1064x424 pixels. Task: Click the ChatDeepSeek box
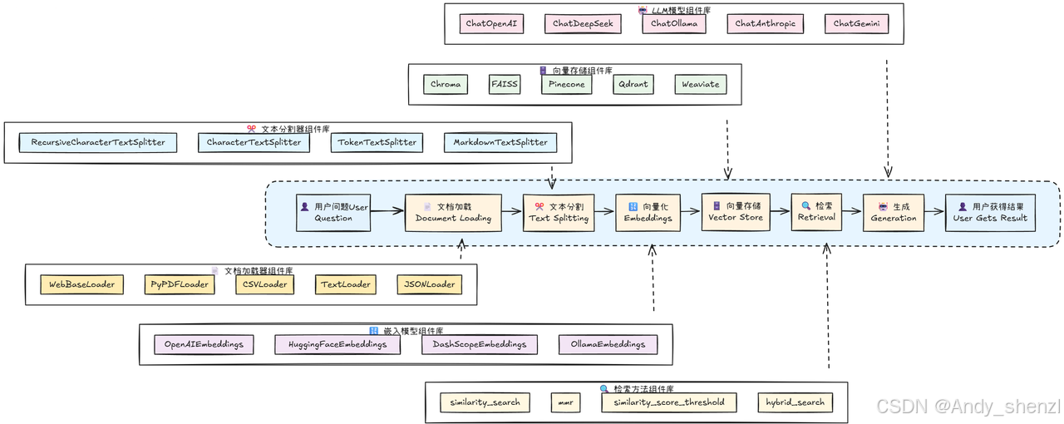click(x=583, y=24)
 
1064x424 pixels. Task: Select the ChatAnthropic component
click(x=766, y=24)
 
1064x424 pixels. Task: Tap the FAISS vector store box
click(x=505, y=84)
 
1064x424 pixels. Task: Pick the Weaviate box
click(x=701, y=84)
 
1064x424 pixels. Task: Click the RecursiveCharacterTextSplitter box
click(x=98, y=143)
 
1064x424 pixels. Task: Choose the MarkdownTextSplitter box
click(x=500, y=143)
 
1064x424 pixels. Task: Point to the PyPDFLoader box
click(x=180, y=284)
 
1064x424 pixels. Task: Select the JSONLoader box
click(x=430, y=284)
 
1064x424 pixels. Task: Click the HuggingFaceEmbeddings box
click(x=337, y=345)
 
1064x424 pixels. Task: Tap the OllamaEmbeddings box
click(x=608, y=345)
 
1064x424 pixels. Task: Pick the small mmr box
click(x=565, y=402)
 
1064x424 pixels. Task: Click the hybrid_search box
click(x=796, y=402)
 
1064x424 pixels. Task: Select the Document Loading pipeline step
click(x=453, y=213)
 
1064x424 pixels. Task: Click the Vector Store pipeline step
click(x=736, y=212)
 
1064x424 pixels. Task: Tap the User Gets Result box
click(x=990, y=213)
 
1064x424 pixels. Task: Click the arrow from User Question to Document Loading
click(x=387, y=210)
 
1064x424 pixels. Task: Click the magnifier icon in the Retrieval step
click(x=806, y=206)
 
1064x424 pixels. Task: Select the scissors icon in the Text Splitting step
click(x=539, y=207)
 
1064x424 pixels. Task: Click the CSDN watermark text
click(x=968, y=407)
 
